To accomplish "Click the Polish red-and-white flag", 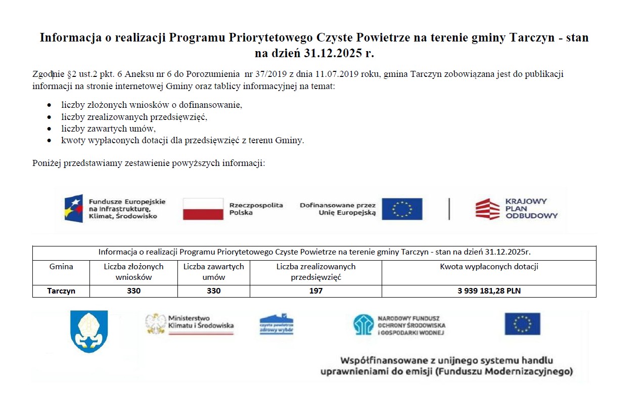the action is click(203, 209).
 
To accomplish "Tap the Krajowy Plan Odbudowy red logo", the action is click(487, 209).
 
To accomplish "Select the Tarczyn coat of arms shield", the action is click(89, 331).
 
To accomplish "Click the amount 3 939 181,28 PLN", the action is click(489, 291).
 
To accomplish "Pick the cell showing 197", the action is click(316, 291).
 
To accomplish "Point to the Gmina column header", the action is click(61, 267).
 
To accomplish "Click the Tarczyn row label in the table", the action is click(61, 291).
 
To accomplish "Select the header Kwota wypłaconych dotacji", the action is click(489, 267).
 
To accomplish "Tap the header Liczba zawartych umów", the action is click(214, 272).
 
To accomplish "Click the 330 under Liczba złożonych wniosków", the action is click(134, 291).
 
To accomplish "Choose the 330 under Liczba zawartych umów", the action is click(214, 291).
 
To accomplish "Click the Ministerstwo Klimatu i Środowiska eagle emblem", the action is click(156, 323).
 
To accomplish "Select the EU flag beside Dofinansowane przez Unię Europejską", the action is click(402, 209).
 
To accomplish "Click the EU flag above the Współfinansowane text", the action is click(522, 324).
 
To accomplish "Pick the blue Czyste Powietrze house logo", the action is click(276, 324).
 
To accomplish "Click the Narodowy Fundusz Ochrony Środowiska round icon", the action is click(363, 324).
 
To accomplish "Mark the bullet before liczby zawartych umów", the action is click(49, 129).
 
